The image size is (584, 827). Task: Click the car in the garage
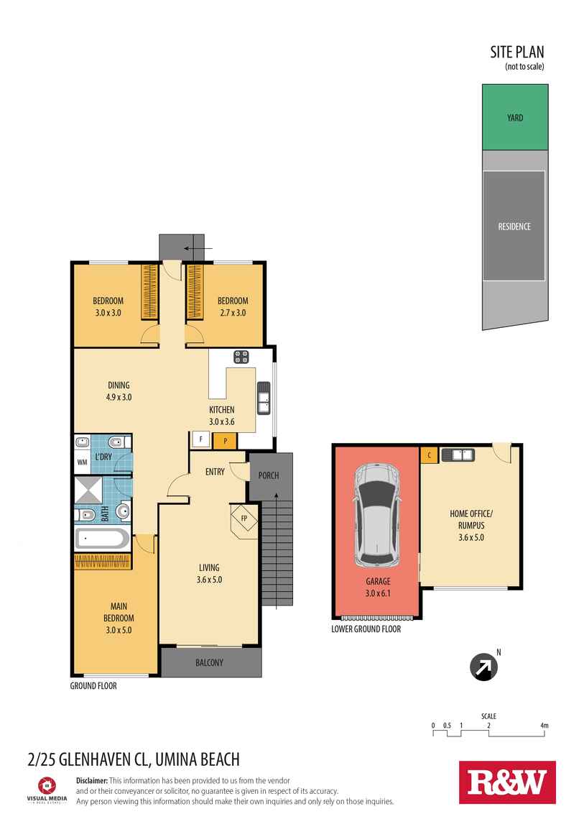click(376, 515)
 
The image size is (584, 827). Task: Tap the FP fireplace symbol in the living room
click(244, 518)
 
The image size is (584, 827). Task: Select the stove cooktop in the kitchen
click(241, 357)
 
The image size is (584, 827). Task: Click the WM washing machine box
click(82, 464)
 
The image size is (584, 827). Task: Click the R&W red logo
click(507, 782)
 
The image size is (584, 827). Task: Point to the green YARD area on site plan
click(514, 117)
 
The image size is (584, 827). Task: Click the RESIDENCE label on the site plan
click(514, 227)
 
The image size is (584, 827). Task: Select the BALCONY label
click(209, 662)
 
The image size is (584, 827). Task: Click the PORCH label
click(268, 475)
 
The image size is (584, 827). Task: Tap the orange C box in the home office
click(429, 454)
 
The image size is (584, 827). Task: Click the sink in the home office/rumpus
click(458, 454)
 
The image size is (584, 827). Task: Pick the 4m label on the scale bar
click(544, 726)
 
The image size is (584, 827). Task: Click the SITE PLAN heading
click(517, 52)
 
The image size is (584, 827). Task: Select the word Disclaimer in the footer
click(92, 780)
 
